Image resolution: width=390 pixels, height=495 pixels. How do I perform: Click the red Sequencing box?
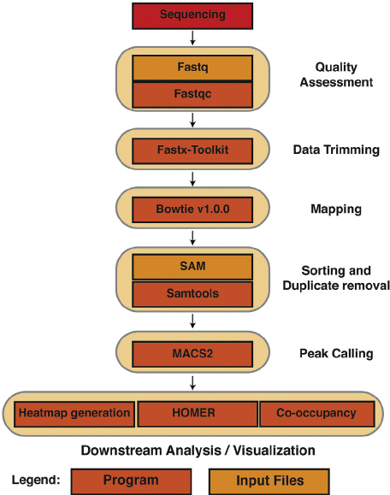pyautogui.click(x=192, y=15)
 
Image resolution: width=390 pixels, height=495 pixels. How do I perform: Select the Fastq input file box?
pyautogui.click(x=192, y=68)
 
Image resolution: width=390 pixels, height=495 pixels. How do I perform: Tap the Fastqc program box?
pyautogui.click(x=192, y=94)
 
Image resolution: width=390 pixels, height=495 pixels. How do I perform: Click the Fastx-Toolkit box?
pyautogui.click(x=192, y=151)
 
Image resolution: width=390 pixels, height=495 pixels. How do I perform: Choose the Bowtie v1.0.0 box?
pyautogui.click(x=192, y=209)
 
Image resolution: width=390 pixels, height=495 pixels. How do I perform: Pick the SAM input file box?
pyautogui.click(x=192, y=267)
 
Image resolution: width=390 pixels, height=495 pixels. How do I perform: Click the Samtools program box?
pyautogui.click(x=192, y=293)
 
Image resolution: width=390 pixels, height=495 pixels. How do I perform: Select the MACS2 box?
pyautogui.click(x=192, y=351)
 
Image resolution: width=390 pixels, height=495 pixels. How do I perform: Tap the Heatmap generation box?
pyautogui.click(x=74, y=414)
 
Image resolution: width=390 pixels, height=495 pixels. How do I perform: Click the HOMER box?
pyautogui.click(x=196, y=414)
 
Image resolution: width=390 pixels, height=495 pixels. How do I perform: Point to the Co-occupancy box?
pyautogui.click(x=316, y=414)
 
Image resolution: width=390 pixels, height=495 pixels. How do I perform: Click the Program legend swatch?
pyautogui.click(x=131, y=480)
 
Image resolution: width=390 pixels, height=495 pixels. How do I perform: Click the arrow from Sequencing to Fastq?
pyautogui.click(x=192, y=38)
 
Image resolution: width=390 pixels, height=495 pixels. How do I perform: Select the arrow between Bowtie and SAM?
pyautogui.click(x=192, y=237)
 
